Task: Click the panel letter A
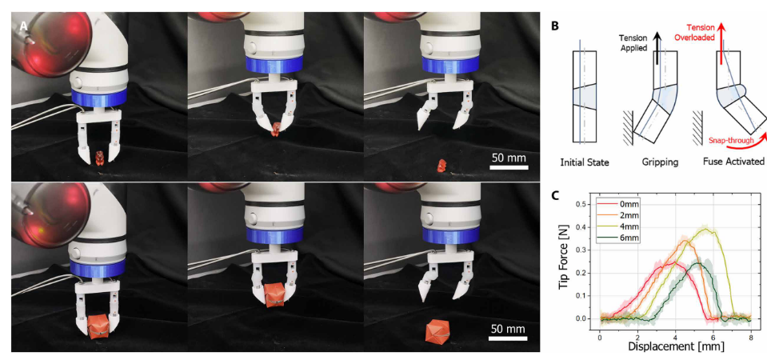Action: [x=23, y=27]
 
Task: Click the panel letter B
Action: [x=555, y=26]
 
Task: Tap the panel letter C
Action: [x=555, y=195]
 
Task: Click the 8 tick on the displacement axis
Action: [x=750, y=338]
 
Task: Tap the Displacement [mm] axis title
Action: [x=675, y=346]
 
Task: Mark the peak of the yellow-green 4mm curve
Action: [x=705, y=228]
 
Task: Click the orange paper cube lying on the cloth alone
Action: [x=436, y=332]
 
